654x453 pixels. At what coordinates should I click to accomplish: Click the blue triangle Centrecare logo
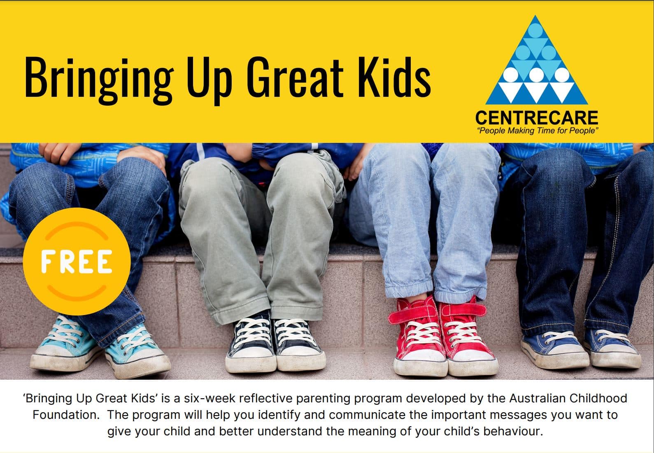(x=536, y=60)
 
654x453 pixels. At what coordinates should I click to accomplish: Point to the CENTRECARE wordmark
(x=537, y=118)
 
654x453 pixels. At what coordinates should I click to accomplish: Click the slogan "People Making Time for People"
(x=537, y=131)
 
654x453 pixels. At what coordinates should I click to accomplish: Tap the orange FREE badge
(x=77, y=262)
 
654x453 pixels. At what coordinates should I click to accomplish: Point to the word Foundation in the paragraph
(x=66, y=415)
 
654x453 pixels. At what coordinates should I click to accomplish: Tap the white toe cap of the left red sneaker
(x=421, y=362)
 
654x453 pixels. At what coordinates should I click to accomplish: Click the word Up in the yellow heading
(x=209, y=80)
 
